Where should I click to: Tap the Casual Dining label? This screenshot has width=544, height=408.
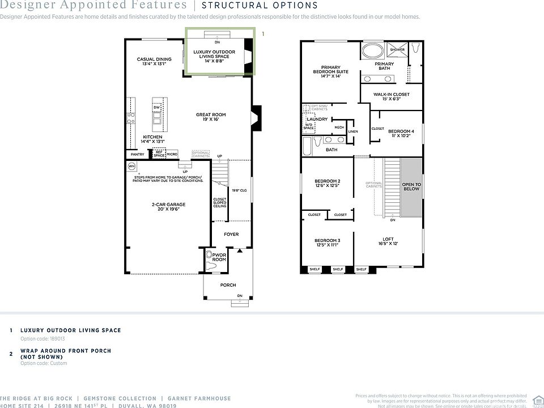[154, 61]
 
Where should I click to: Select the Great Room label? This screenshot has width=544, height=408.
[211, 117]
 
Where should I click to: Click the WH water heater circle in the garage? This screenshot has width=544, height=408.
[131, 166]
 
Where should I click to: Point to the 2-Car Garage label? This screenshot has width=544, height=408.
[168, 207]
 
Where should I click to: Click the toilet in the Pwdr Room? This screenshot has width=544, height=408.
[212, 265]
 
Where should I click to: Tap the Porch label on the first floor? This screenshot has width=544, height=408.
[228, 284]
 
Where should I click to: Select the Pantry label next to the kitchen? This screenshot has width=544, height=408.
[137, 154]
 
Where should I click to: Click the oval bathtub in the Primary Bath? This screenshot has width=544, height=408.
[372, 50]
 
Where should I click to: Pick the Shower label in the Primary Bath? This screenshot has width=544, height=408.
[397, 50]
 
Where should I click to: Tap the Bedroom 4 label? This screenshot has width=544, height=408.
[401, 134]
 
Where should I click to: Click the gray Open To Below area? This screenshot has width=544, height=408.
[411, 186]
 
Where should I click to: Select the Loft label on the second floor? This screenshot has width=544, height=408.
[388, 241]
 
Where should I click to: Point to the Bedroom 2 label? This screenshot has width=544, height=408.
[327, 183]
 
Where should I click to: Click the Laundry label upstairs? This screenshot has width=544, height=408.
[317, 120]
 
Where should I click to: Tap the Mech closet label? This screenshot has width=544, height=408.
[339, 127]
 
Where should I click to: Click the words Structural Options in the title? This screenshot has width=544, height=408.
[260, 6]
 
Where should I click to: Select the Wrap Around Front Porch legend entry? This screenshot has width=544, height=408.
[66, 354]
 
